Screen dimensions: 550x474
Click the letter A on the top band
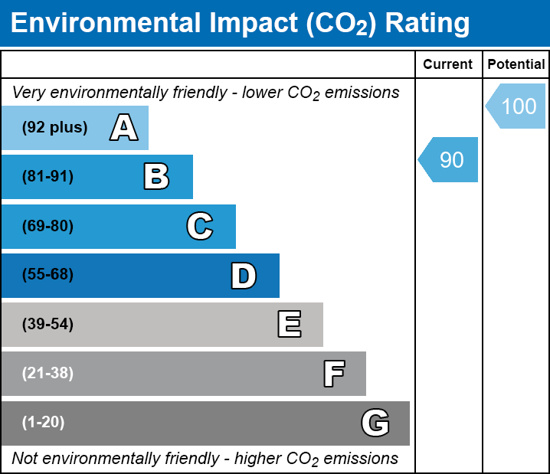pos(124,127)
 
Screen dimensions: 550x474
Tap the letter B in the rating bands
pos(156,176)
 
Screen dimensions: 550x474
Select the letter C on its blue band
pos(200,226)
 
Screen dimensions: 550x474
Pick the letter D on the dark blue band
pos(244,276)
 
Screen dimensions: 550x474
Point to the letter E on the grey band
pos(290,324)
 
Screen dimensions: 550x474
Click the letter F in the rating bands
pos(334,374)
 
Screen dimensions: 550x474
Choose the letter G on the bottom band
pos(375,423)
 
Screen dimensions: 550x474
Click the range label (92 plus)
pos(54,127)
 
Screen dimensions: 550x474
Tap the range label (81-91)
pos(47,176)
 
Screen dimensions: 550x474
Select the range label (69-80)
pos(47,226)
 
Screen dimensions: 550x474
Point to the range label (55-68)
pos(47,274)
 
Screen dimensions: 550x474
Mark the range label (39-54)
pos(47,325)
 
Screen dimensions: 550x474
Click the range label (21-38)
pos(47,374)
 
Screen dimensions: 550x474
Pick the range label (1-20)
pos(43,423)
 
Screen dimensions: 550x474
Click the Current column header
pos(447,64)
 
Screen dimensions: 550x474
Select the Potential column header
pos(516,64)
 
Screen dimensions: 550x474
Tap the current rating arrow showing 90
pos(448,159)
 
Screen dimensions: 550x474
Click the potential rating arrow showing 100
pos(516,106)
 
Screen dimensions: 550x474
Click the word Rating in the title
pos(427,24)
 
